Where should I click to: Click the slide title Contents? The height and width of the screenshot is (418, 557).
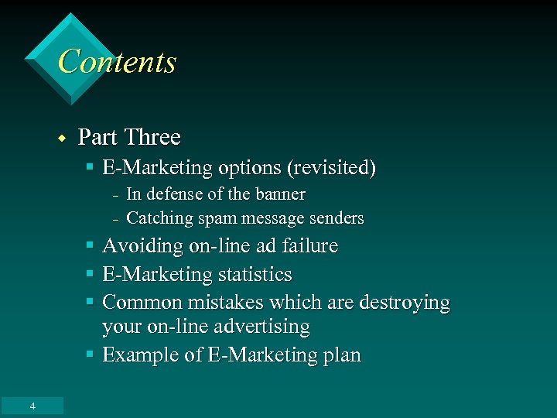coord(117,62)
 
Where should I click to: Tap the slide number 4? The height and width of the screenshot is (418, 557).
coord(32,406)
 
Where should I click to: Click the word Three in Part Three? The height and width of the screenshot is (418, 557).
coord(152,137)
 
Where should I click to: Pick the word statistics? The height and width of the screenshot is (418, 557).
coord(255,274)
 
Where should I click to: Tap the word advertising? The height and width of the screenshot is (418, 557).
coord(261,327)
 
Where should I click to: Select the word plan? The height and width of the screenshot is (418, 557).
coord(340,355)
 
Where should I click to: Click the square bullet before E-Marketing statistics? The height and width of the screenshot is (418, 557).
coord(90,274)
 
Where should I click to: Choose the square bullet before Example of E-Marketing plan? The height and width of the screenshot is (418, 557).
coord(90,355)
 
